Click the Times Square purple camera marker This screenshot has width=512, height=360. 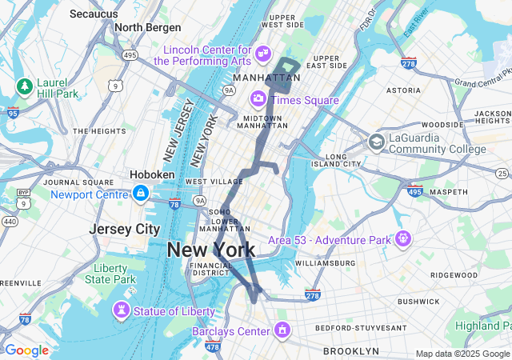pyautogui.click(x=258, y=99)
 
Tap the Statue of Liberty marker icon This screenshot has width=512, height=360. pyautogui.click(x=121, y=309)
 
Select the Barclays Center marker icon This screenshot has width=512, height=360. pyautogui.click(x=282, y=329)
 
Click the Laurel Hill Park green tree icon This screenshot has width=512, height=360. pyautogui.click(x=24, y=86)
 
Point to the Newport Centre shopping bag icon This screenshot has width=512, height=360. pyautogui.click(x=141, y=193)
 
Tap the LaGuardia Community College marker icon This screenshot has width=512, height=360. pyautogui.click(x=376, y=142)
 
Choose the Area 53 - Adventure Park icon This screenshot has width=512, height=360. pyautogui.click(x=402, y=238)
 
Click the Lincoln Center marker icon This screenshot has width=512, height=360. pyautogui.click(x=263, y=54)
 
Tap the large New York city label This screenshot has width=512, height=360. pyautogui.click(x=211, y=250)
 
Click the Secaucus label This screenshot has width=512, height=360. pyautogui.click(x=94, y=14)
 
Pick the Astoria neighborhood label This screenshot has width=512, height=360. pyautogui.click(x=403, y=91)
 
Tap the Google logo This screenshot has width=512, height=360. pyautogui.click(x=26, y=350)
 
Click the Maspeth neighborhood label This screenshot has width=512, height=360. pyautogui.click(x=449, y=192)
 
